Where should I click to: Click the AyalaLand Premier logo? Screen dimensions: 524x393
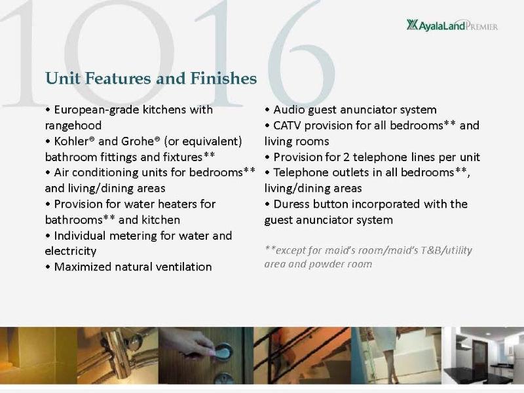pos(452,25)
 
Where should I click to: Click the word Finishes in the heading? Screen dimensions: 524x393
pos(223,78)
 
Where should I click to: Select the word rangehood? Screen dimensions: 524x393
pos(73,126)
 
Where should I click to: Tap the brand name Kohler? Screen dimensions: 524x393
pos(71,141)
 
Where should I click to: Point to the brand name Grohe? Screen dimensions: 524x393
pos(138,141)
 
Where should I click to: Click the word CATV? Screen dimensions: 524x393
pos(287,125)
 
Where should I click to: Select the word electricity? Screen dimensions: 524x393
pos(71,251)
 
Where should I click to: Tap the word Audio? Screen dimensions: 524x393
pos(289,110)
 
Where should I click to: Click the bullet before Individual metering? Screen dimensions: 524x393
pos(48,236)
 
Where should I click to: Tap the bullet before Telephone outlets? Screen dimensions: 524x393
pos(267,173)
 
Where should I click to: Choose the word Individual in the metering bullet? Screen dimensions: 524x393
pos(79,236)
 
